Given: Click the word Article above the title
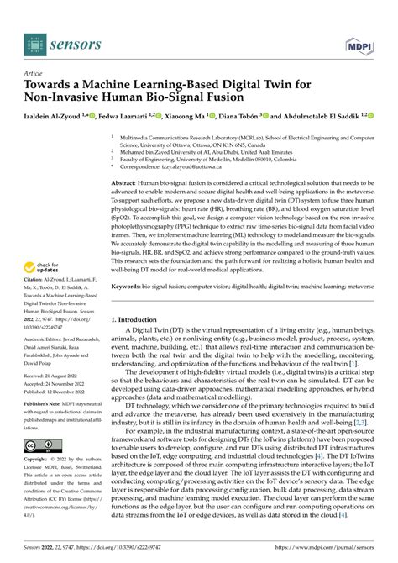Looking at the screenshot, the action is (x=37, y=73).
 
